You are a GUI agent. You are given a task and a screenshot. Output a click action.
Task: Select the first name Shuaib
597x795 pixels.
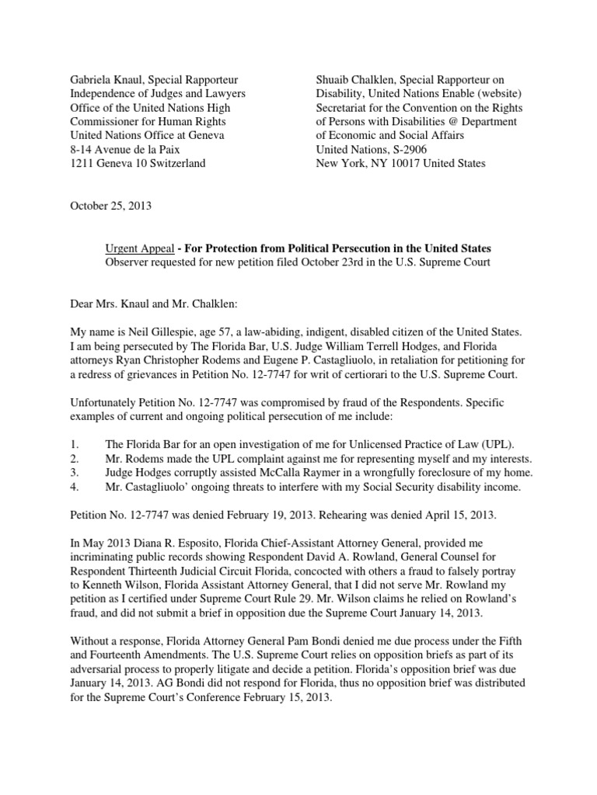(x=336, y=80)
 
